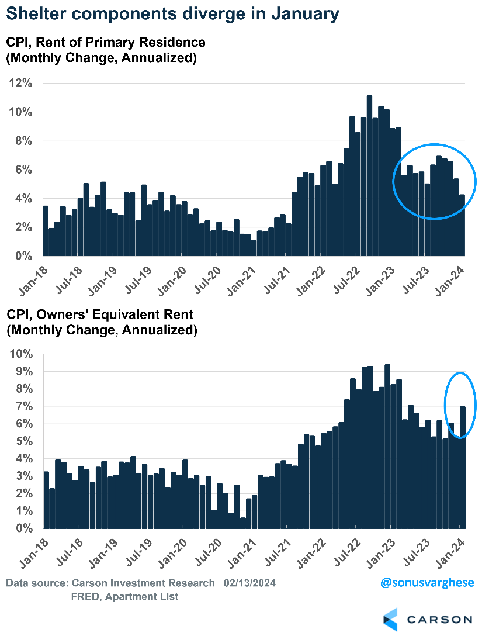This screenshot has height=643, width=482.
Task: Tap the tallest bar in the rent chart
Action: [369, 175]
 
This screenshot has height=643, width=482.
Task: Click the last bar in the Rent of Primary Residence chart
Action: [462, 226]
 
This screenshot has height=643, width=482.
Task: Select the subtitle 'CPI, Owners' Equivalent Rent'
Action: [99, 315]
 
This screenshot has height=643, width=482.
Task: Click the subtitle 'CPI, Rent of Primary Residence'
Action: [106, 42]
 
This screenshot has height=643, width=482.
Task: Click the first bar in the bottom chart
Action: [46, 500]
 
